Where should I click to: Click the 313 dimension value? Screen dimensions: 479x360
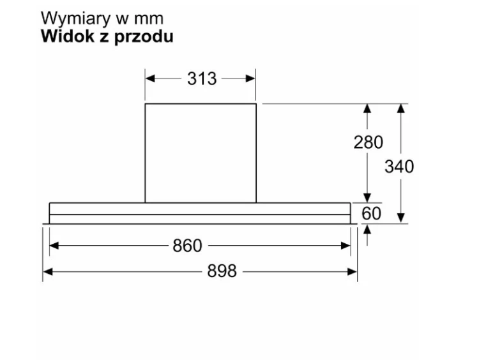tap(202, 79)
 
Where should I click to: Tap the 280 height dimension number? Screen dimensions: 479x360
tap(368, 142)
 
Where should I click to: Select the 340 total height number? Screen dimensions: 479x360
tap(399, 167)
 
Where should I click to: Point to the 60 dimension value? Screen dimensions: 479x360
tap(372, 213)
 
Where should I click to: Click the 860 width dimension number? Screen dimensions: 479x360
tap(187, 246)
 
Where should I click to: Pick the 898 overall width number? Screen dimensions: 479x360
tap(222, 271)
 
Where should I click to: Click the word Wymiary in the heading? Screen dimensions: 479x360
tap(76, 19)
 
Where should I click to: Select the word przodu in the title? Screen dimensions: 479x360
tap(144, 38)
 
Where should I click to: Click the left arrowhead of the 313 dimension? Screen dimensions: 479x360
tap(150, 79)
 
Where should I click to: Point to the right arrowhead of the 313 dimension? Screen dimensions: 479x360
tap(250, 79)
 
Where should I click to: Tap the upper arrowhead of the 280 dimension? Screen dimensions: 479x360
tap(367, 109)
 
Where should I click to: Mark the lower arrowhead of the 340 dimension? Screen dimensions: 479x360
tap(401, 218)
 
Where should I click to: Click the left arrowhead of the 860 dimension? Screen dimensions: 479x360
tap(54, 246)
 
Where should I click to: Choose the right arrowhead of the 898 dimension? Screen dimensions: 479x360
tap(352, 271)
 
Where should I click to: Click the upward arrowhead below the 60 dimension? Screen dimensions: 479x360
tap(367, 230)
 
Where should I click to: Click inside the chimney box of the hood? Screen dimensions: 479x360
tap(201, 153)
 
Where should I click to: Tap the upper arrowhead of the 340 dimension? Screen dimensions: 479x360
tap(401, 109)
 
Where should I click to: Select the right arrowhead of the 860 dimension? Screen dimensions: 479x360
tap(346, 246)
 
